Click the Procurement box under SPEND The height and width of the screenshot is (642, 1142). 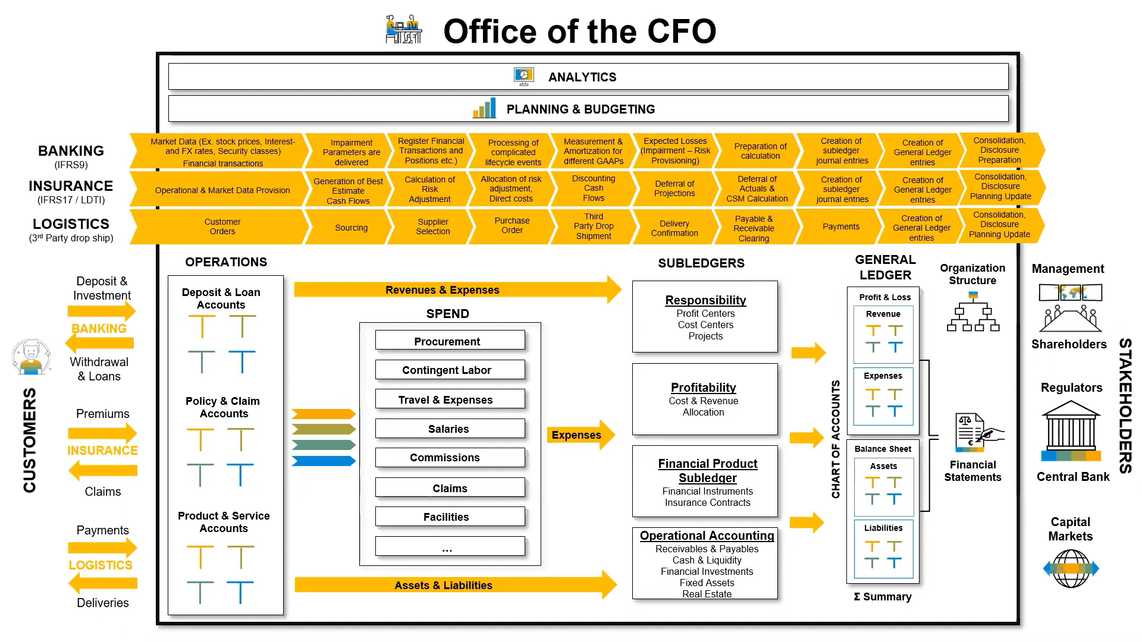450,341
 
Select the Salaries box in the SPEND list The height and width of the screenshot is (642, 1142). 450,429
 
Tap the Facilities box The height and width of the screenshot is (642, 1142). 450,517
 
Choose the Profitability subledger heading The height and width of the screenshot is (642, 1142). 703,388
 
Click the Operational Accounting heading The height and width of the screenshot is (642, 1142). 707,536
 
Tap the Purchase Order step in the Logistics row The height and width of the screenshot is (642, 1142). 512,226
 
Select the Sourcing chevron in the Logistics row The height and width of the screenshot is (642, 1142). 351,228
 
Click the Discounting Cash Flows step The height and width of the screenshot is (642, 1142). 593,188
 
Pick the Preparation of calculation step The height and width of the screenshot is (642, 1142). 760,151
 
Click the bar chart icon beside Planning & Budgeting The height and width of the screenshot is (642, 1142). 484,109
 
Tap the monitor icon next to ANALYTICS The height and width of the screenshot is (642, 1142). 523,76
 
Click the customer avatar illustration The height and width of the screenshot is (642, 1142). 32,357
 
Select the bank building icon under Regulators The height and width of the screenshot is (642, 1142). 1071,431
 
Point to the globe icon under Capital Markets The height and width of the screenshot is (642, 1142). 1071,568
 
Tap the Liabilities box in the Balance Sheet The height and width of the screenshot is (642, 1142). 883,549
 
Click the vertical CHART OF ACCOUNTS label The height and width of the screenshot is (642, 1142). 836,439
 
